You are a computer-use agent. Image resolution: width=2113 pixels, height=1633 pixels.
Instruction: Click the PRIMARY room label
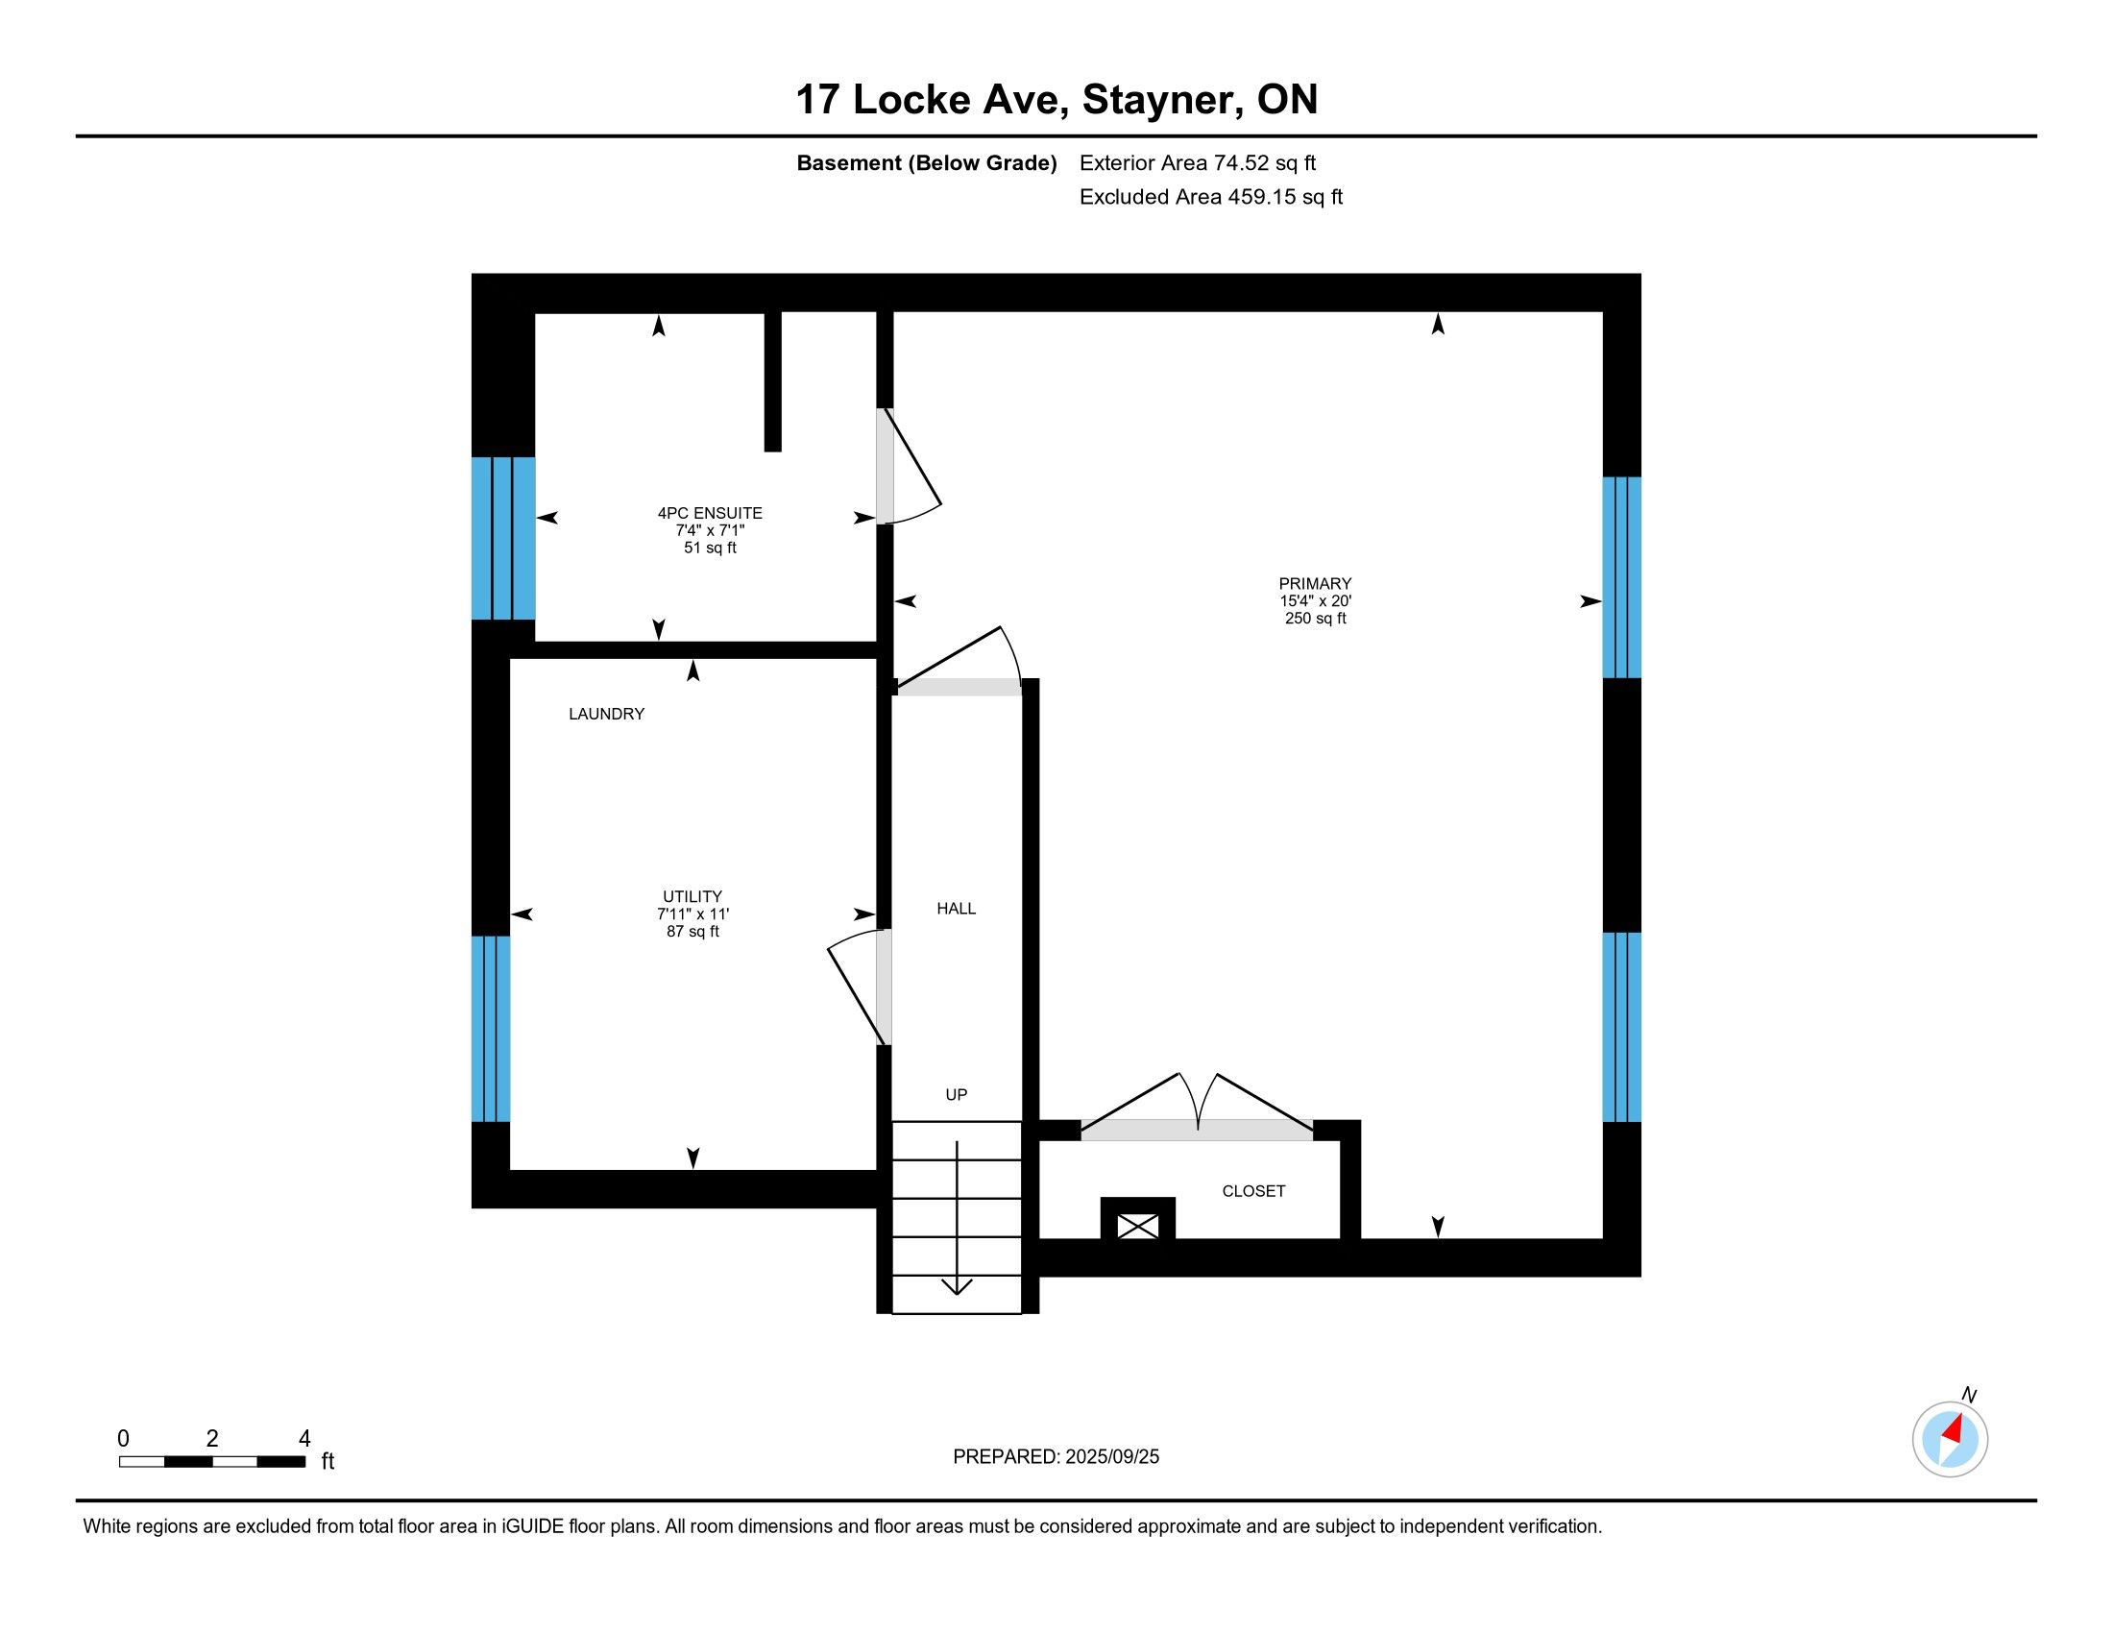[x=1315, y=583]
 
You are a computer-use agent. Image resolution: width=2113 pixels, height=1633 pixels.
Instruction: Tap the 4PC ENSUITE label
[x=710, y=513]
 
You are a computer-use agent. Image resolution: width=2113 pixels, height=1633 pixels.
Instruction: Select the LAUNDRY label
[x=607, y=714]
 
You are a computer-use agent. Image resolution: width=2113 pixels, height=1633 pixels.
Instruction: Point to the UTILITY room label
[x=692, y=897]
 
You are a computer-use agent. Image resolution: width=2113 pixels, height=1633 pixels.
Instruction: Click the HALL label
[x=956, y=909]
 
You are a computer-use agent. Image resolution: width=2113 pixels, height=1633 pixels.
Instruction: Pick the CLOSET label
[x=1253, y=1191]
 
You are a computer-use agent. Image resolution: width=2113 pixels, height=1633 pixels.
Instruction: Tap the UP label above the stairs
[x=956, y=1094]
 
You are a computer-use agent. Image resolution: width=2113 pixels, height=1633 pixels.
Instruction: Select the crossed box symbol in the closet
[x=1138, y=1227]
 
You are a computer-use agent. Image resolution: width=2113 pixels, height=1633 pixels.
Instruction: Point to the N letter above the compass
[x=1969, y=1394]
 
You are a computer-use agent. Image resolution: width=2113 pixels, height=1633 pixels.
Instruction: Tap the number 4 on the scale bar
[x=304, y=1439]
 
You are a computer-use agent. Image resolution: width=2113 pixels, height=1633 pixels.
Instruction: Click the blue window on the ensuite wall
[x=503, y=538]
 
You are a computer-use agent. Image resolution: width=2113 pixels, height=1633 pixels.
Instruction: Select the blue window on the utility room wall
[x=491, y=1029]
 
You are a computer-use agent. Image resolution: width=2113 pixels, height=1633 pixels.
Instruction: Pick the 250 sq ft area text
[x=1316, y=619]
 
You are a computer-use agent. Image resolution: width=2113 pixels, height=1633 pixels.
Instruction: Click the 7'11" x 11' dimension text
[x=692, y=914]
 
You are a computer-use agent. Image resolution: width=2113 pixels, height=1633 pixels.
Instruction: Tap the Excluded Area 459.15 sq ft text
[x=1211, y=197]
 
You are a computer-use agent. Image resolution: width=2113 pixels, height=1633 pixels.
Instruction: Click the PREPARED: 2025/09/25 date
[x=1056, y=1457]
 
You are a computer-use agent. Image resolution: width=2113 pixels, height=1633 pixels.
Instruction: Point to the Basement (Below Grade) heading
[x=927, y=163]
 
